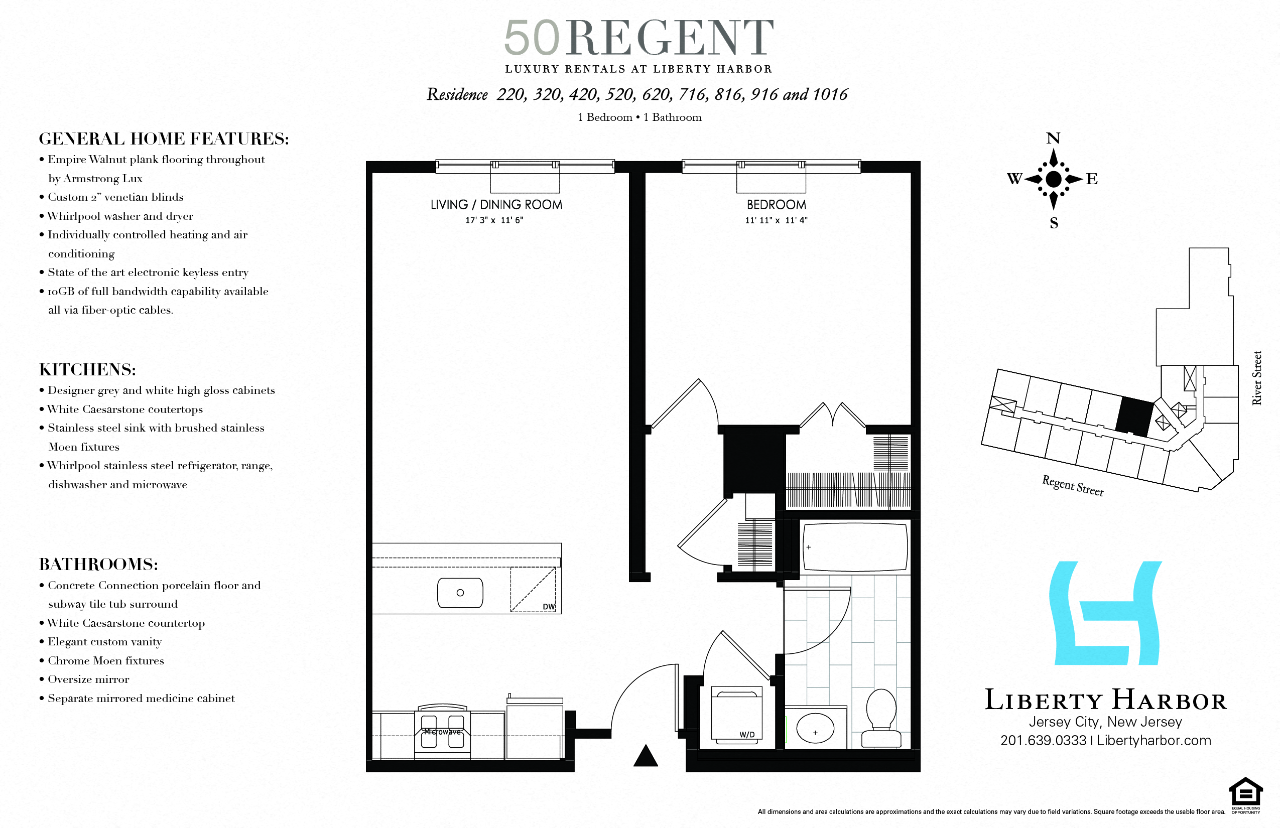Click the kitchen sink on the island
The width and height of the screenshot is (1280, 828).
pos(460,593)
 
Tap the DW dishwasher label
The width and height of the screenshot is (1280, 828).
pos(548,607)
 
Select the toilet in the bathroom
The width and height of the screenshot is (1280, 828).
pos(881,718)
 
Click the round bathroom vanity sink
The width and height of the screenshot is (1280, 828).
pos(815,729)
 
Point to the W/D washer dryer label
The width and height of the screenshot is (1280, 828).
pos(746,735)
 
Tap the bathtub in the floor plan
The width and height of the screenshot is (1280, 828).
pos(855,547)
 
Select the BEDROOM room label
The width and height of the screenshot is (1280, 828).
pos(776,205)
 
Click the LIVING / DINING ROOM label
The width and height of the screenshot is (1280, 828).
pos(496,205)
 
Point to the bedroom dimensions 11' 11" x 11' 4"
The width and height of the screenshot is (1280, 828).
pos(776,220)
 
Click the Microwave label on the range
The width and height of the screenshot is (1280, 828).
pos(442,732)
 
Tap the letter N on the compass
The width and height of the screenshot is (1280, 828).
pos(1053,139)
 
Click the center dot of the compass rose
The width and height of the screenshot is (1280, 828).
pos(1054,179)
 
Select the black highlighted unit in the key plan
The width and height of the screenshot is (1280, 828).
pos(1134,417)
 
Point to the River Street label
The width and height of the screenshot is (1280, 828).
pos(1257,377)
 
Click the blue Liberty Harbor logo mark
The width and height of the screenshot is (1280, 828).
pos(1106,613)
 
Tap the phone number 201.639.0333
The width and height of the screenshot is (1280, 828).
pos(1043,740)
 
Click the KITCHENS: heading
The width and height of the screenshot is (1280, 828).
pos(88,369)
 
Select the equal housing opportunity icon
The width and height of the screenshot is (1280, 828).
pos(1245,792)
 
